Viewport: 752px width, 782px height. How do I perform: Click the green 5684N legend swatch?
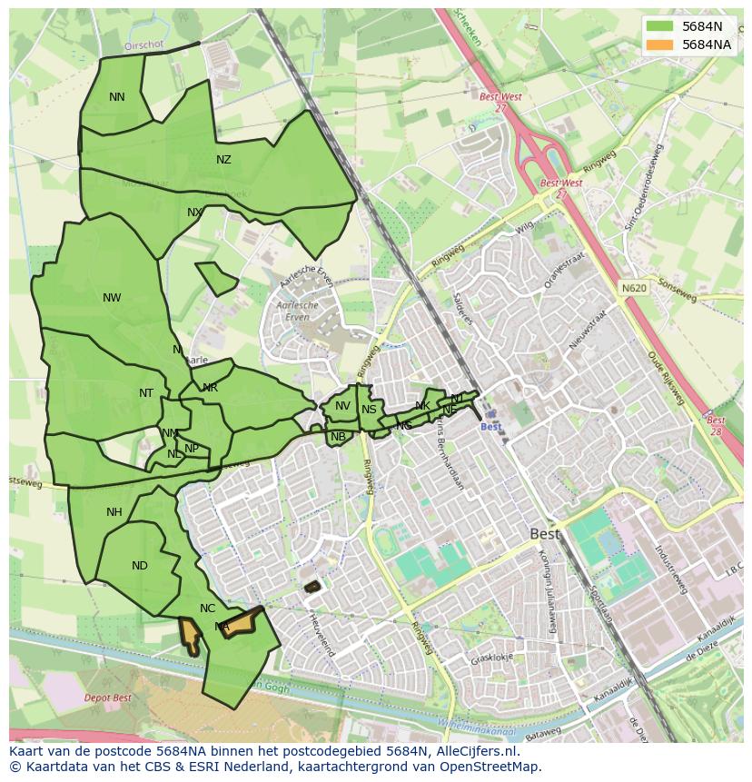pyautogui.click(x=660, y=26)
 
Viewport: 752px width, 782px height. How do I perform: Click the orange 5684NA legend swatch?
pyautogui.click(x=660, y=45)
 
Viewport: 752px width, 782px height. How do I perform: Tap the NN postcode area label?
pyautogui.click(x=117, y=97)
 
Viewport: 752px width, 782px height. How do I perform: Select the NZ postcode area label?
pyautogui.click(x=223, y=160)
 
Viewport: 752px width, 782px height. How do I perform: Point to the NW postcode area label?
pyautogui.click(x=112, y=298)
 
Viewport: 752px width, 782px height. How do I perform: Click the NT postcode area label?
pyautogui.click(x=146, y=393)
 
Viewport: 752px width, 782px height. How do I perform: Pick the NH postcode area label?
pyautogui.click(x=114, y=512)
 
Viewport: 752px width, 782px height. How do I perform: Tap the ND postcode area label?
pyautogui.click(x=139, y=566)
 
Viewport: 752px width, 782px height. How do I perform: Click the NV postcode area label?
pyautogui.click(x=342, y=406)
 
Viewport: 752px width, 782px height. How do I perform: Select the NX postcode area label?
pyautogui.click(x=194, y=213)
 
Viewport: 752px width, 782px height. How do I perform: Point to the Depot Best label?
pyautogui.click(x=108, y=698)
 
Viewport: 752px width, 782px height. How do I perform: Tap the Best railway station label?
pyautogui.click(x=490, y=427)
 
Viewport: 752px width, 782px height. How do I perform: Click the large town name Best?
pyautogui.click(x=545, y=534)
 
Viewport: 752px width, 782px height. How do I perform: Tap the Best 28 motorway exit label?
pyautogui.click(x=716, y=425)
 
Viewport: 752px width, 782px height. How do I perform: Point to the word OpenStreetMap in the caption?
pyautogui.click(x=490, y=767)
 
